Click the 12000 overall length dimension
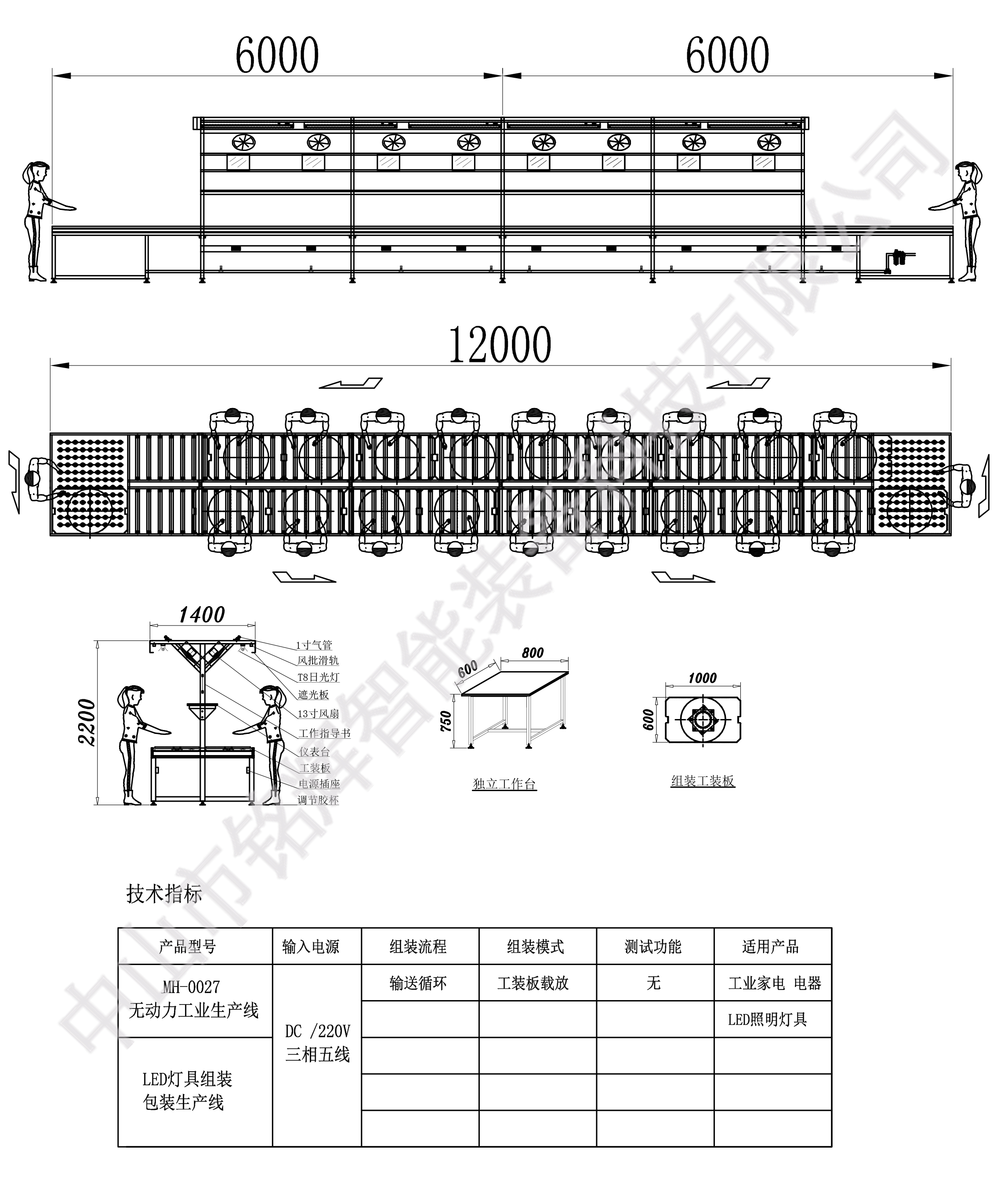click(500, 345)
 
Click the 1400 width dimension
click(202, 615)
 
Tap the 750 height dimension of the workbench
click(446, 722)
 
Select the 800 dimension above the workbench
click(533, 653)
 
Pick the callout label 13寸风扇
click(318, 714)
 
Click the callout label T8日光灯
click(318, 677)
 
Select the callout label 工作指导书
click(324, 734)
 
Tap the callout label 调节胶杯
click(318, 800)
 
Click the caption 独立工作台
click(504, 784)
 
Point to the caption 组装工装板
click(703, 781)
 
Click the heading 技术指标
click(164, 894)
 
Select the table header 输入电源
click(311, 947)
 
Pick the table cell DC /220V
click(318, 1032)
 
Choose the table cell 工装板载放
click(533, 984)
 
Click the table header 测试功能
click(653, 947)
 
